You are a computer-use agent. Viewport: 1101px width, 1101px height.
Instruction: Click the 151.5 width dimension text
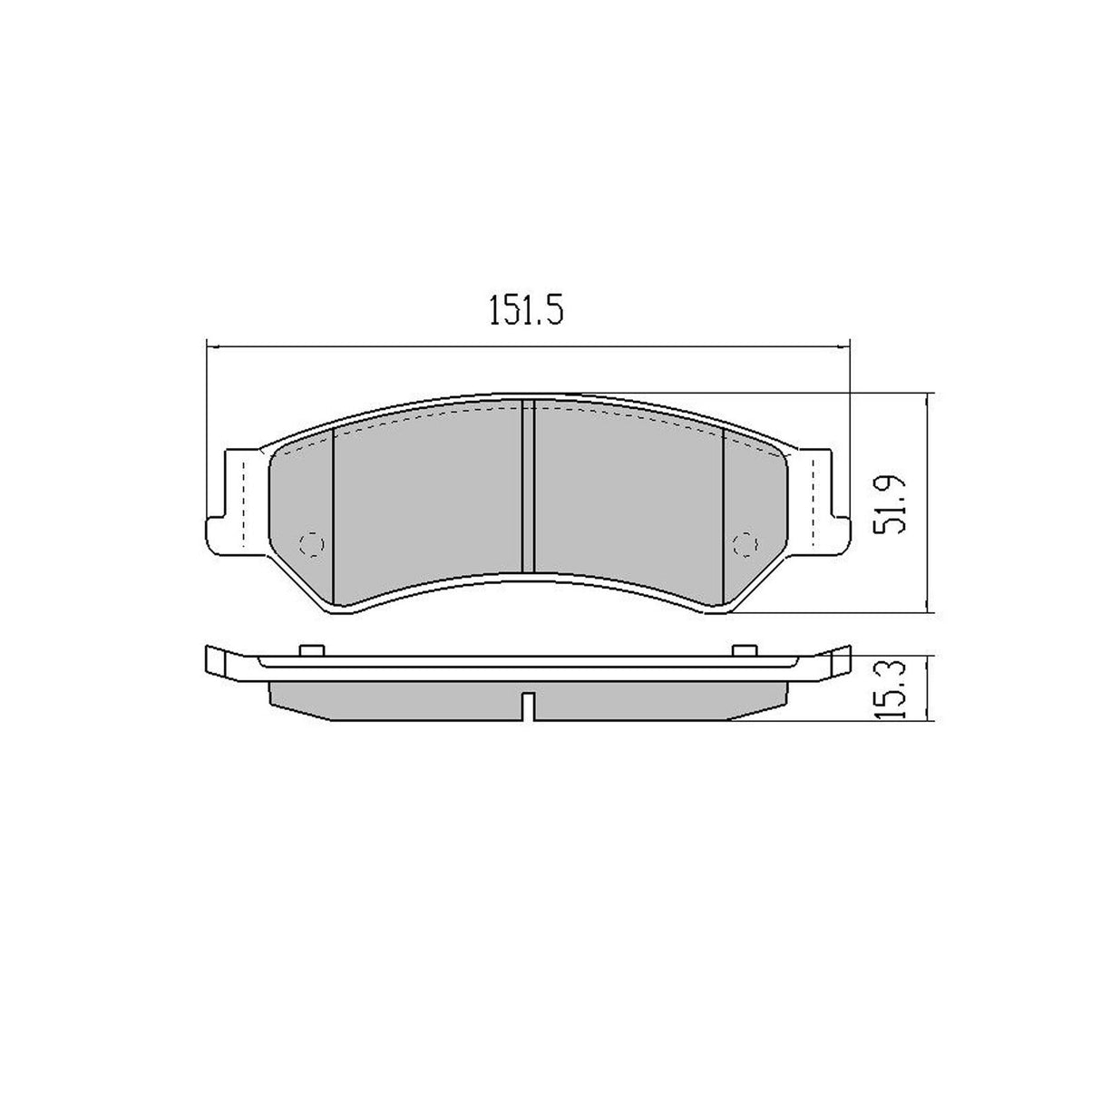pos(526,311)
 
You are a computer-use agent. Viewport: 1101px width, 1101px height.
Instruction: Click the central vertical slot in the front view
pos(528,487)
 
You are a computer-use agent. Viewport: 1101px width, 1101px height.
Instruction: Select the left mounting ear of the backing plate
pos(231,502)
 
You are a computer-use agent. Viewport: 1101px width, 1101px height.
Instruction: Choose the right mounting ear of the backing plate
pos(823,502)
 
